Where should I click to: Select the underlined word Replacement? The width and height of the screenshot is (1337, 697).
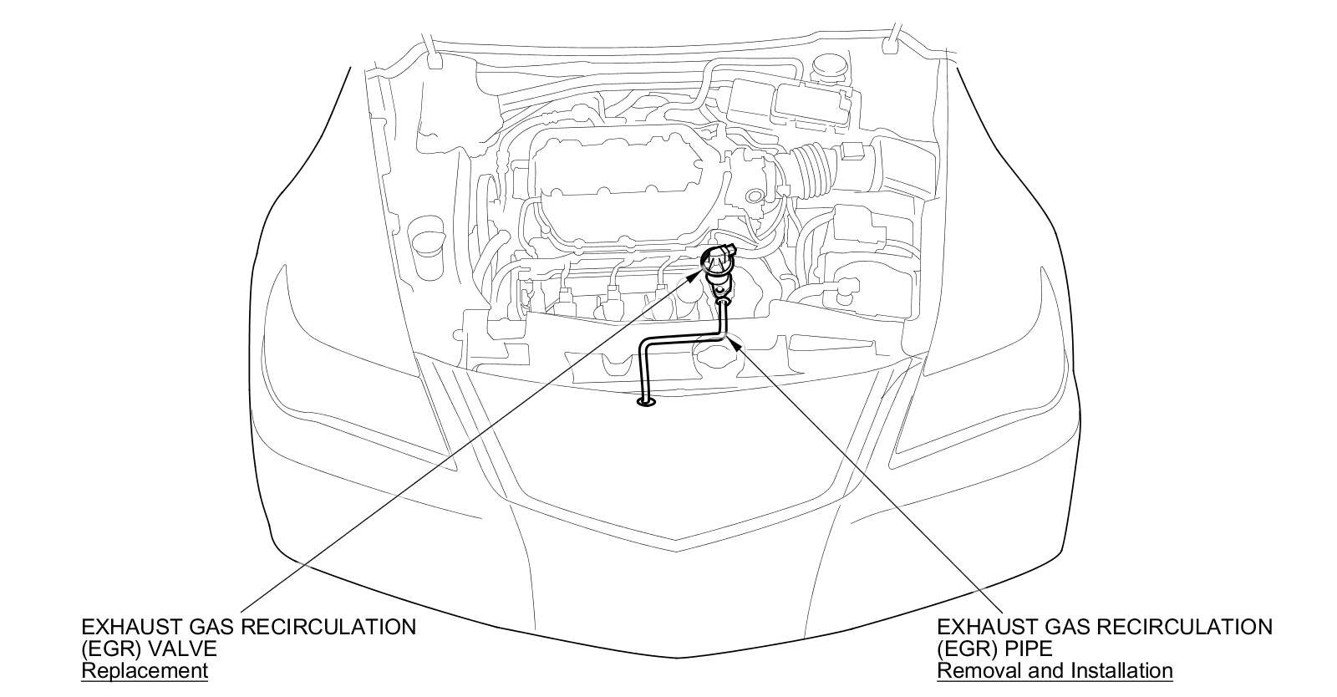click(144, 670)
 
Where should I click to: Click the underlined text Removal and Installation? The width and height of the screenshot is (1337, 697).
click(1055, 670)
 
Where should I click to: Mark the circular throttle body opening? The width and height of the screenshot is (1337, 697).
click(755, 197)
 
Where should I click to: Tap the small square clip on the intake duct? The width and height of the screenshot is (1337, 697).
click(854, 152)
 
